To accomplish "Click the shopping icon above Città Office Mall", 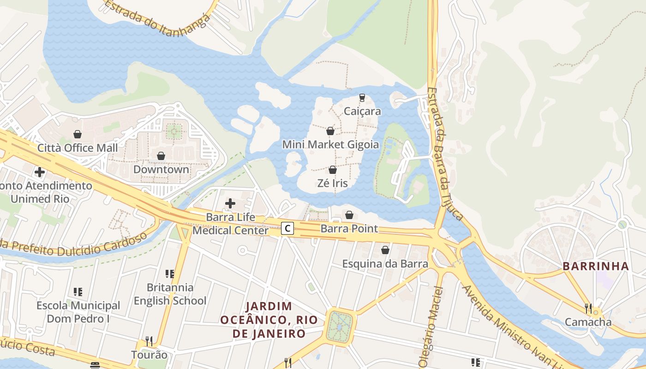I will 78,134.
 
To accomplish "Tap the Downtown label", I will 161,169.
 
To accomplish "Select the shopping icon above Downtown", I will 161,156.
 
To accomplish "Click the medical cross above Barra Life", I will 230,203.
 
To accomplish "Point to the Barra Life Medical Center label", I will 230,224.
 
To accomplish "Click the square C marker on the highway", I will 288,228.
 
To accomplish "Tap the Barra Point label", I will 349,228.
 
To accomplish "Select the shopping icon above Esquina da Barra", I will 385,250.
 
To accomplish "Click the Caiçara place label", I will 362,111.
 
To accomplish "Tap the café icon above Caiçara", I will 362,98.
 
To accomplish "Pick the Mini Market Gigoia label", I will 330,145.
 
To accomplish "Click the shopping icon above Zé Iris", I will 333,170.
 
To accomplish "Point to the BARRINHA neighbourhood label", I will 596,266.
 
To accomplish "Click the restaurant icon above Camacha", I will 588,308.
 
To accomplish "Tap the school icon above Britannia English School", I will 170,274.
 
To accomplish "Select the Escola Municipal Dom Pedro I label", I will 78,312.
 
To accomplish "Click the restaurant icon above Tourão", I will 149,341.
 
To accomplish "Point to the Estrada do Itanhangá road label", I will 157,12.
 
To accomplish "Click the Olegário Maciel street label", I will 431,327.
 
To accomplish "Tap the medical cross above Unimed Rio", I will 40,172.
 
